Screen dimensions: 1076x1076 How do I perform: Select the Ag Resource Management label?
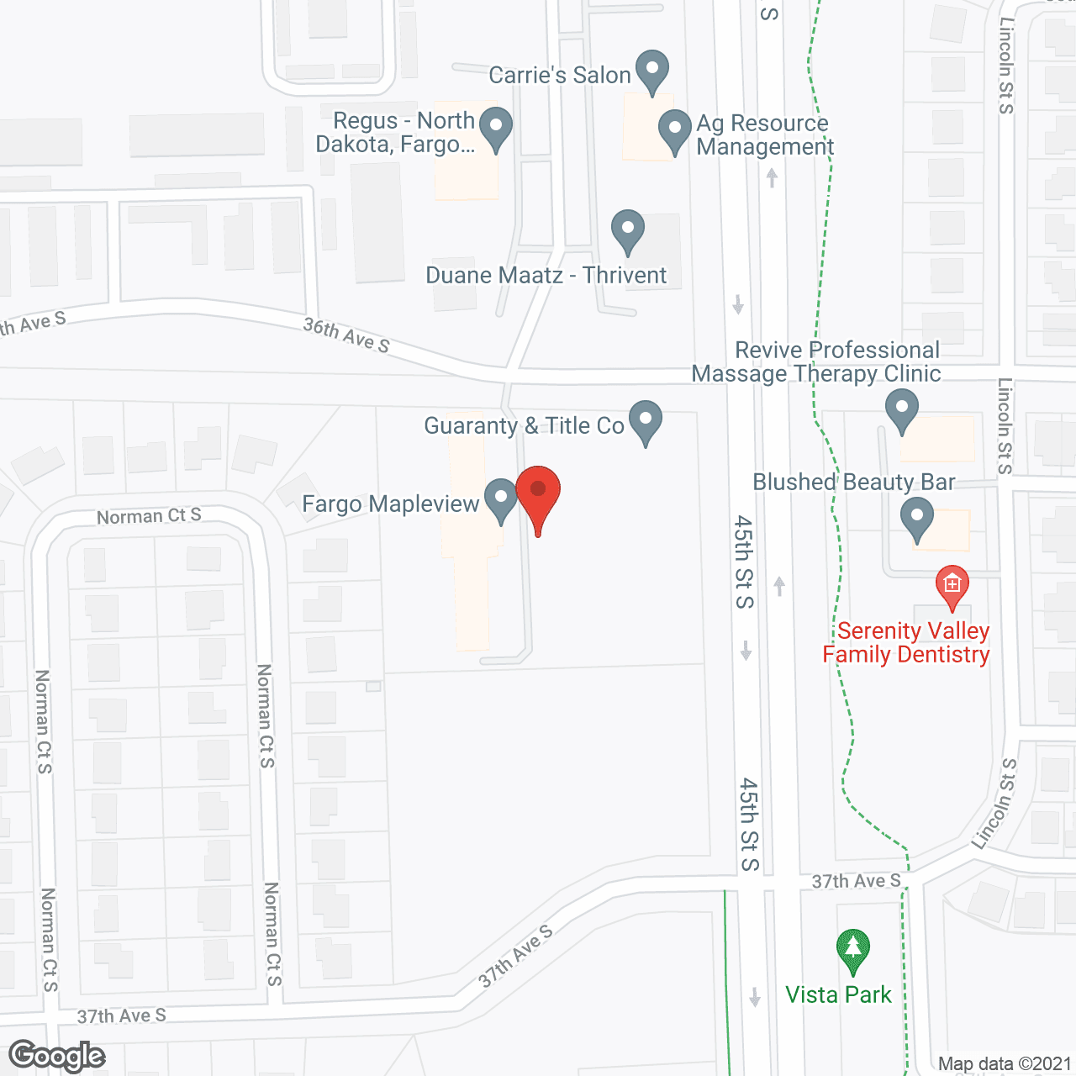764,134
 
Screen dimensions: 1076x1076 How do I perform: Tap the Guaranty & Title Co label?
524,426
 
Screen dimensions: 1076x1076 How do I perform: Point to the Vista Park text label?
838,995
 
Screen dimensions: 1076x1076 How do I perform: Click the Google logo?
57,1056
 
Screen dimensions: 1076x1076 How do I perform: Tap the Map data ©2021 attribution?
1005,1064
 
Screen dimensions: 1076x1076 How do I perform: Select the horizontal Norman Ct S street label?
149,516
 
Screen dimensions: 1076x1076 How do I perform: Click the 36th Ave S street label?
346,335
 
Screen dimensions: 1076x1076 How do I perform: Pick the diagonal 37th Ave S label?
516,957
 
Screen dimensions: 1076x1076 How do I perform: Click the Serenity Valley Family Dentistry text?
906,643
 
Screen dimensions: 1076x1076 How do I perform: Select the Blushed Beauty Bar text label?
854,483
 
